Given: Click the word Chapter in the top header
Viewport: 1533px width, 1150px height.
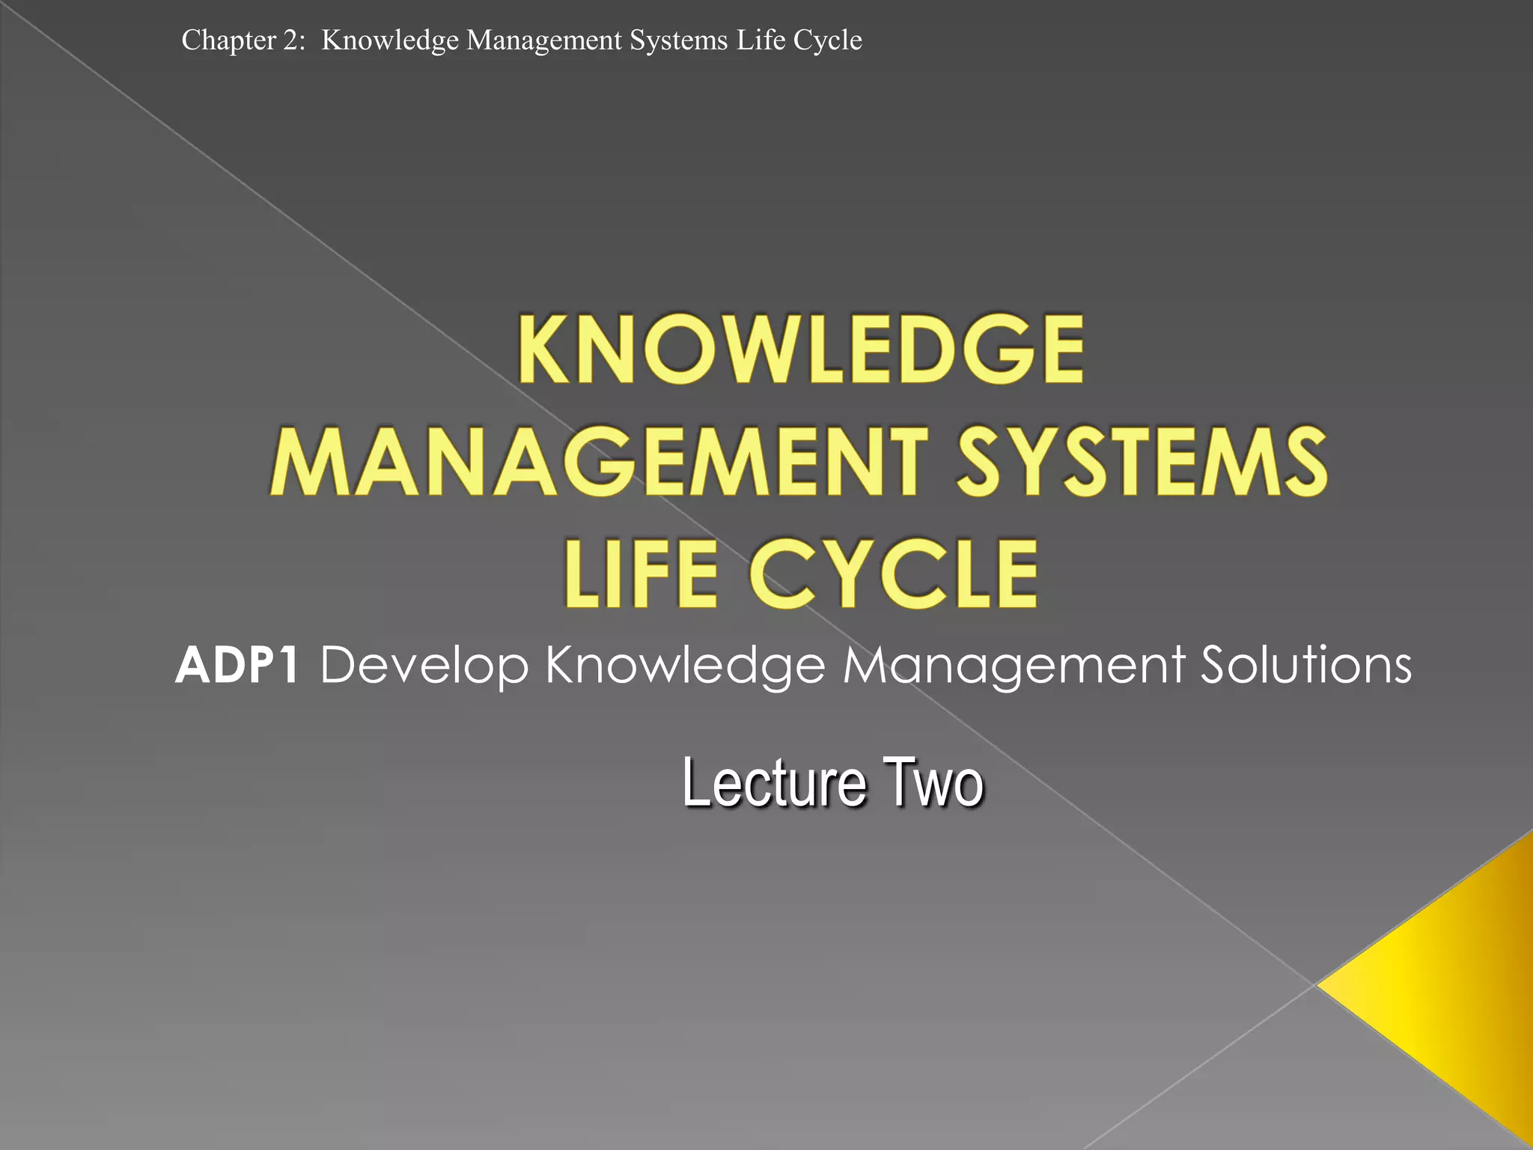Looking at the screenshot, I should tap(229, 40).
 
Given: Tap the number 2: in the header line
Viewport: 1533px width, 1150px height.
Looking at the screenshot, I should tap(294, 40).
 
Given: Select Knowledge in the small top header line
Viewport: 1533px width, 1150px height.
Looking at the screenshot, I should tap(389, 40).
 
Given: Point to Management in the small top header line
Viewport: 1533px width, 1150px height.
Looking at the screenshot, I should tap(543, 40).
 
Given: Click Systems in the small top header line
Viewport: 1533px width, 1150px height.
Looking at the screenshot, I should tap(678, 40).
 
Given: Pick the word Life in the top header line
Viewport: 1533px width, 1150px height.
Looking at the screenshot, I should tap(761, 40).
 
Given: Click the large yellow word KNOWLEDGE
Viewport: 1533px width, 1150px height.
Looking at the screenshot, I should tap(800, 350).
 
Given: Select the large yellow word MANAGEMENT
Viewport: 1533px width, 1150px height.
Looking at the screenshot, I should tap(600, 462).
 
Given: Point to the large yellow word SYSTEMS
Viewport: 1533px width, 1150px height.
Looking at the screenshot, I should tap(1142, 462).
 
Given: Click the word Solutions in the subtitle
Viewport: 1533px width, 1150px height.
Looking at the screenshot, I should tap(1306, 665).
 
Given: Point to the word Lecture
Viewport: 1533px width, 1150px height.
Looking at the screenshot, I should tap(775, 783).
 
